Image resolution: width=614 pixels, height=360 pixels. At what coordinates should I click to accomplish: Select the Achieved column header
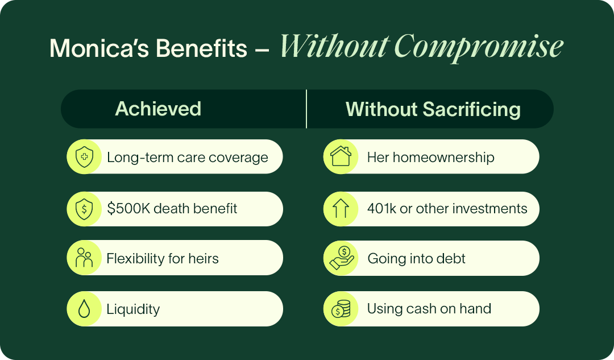158,109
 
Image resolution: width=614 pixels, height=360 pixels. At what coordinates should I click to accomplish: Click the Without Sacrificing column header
433,109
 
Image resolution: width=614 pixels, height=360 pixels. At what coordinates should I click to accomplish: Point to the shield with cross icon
84,157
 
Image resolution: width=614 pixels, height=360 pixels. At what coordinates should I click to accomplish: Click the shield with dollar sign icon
84,209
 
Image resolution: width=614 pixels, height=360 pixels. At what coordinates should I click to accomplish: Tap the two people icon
84,258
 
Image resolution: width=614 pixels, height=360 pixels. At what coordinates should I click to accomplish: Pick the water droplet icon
84,309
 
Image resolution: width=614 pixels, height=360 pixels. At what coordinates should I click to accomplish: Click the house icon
341,156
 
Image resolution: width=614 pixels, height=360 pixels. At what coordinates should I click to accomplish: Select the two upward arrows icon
341,208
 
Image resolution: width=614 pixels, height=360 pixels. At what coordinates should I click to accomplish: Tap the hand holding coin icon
342,258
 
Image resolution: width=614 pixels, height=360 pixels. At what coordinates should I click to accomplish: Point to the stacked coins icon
341,309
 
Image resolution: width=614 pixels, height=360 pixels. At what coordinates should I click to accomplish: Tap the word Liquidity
133,309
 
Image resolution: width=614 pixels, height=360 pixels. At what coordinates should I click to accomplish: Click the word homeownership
443,158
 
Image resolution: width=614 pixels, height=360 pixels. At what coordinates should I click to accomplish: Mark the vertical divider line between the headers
306,109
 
